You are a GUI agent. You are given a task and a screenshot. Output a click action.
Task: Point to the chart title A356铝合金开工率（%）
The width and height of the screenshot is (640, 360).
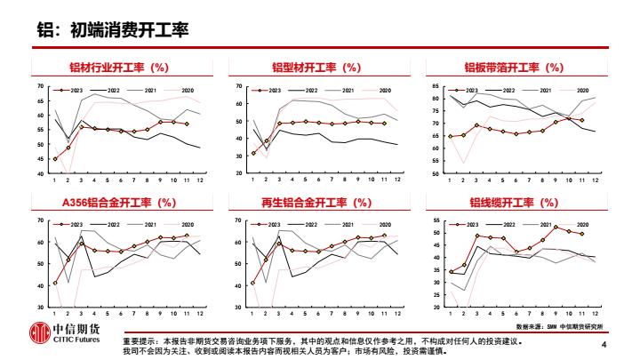click(120, 203)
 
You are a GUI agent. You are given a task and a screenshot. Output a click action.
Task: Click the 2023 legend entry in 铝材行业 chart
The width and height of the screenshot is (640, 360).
click(69, 90)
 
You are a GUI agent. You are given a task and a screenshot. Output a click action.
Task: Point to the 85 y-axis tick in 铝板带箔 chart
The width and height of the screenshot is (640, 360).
click(436, 86)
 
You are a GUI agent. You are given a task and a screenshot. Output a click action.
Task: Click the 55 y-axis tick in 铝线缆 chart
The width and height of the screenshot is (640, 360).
click(436, 220)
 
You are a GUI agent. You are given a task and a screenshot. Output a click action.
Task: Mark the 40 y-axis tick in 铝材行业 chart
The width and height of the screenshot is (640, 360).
click(41, 173)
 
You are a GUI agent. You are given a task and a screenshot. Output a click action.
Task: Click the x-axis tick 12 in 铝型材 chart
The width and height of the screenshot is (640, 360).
click(396, 181)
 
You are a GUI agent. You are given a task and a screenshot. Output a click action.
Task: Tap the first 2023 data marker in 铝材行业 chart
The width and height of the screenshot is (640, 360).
click(55, 159)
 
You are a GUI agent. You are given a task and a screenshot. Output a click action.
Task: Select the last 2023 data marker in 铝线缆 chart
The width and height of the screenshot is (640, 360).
click(582, 234)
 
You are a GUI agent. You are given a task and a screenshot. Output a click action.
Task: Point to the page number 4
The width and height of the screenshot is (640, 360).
click(604, 345)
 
